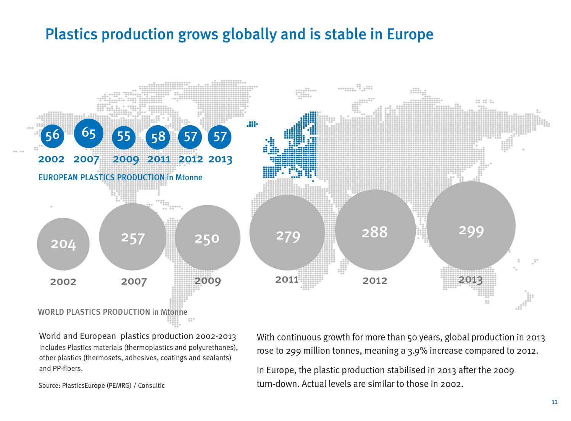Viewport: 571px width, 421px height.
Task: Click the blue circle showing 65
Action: pyautogui.click(x=89, y=133)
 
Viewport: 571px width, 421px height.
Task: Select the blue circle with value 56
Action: pyautogui.click(x=52, y=135)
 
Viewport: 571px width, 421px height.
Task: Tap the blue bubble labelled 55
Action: pyautogui.click(x=123, y=137)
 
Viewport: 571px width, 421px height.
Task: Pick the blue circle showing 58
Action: pyautogui.click(x=158, y=137)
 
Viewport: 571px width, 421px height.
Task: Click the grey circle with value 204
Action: pyautogui.click(x=63, y=244)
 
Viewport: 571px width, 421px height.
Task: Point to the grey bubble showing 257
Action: pyautogui.click(x=132, y=237)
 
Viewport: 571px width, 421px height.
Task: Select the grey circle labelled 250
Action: pyautogui.click(x=207, y=238)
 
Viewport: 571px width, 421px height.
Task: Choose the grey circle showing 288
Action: pyautogui.click(x=375, y=230)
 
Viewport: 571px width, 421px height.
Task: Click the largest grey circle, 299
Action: pyautogui.click(x=471, y=226)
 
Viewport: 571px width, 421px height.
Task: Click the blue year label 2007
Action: pyautogui.click(x=86, y=159)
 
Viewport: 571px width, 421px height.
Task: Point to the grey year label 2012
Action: pyautogui.click(x=375, y=281)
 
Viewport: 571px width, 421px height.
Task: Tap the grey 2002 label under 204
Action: pyautogui.click(x=63, y=282)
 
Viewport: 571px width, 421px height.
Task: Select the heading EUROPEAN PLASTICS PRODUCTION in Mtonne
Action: pyautogui.click(x=120, y=178)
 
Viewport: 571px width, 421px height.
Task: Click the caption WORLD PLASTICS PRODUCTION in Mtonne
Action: pyautogui.click(x=113, y=312)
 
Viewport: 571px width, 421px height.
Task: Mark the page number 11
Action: pyautogui.click(x=555, y=402)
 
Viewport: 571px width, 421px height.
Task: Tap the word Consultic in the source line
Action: pyautogui.click(x=152, y=385)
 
